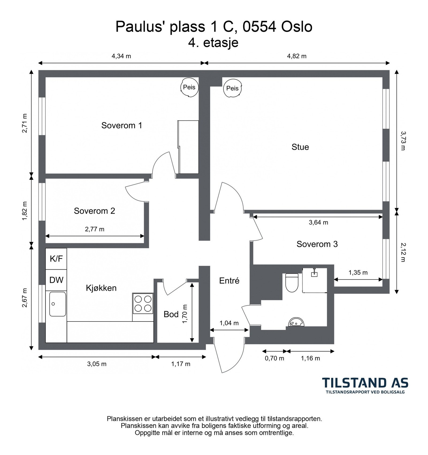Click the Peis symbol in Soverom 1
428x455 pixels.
[x=189, y=87]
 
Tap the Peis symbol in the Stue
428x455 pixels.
[x=232, y=88]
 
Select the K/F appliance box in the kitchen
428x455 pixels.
[x=56, y=259]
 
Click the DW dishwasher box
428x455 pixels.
[x=56, y=280]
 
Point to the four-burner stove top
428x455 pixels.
[x=143, y=303]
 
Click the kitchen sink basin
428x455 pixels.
[x=58, y=304]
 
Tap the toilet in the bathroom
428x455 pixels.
[x=292, y=283]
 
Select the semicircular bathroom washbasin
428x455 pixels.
[x=296, y=322]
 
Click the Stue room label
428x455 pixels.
[x=300, y=147]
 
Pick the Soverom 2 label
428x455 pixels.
[x=94, y=211]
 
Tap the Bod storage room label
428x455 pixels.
[x=171, y=314]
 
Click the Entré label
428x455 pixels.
[x=229, y=281]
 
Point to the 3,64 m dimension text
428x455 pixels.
[x=318, y=222]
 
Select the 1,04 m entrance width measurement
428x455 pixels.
[x=229, y=323]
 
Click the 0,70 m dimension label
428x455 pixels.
[x=274, y=358]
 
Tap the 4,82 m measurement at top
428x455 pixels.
[x=297, y=56]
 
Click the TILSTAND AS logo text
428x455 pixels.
[x=365, y=383]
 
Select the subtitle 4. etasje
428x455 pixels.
[x=213, y=43]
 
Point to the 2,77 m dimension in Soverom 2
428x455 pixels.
[x=95, y=229]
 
